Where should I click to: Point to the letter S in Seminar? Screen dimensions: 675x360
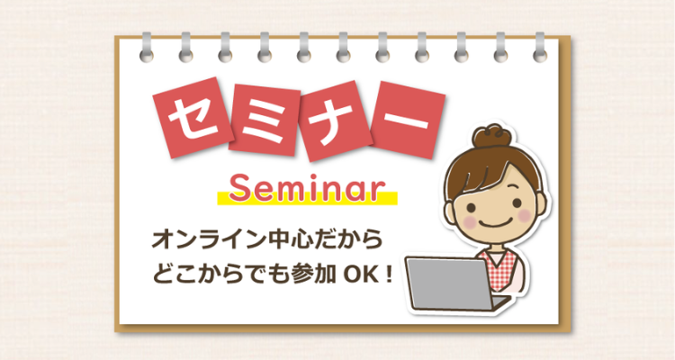[239, 188]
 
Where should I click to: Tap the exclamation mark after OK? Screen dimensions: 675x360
[389, 275]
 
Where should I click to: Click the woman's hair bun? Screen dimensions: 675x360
[491, 137]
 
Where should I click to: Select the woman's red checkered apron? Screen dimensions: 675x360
[502, 270]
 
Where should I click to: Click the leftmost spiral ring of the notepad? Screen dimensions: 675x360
[147, 49]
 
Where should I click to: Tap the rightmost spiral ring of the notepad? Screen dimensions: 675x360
[540, 49]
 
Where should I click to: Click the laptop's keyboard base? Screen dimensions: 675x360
[499, 301]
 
